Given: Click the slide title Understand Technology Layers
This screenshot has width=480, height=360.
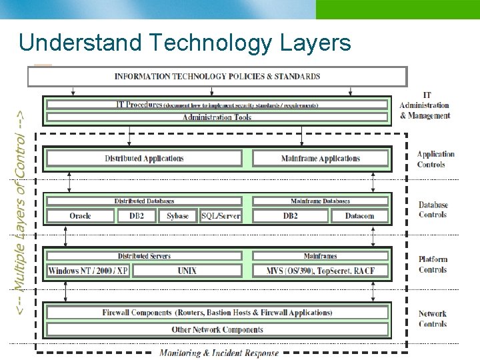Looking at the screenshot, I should pyautogui.click(x=185, y=43).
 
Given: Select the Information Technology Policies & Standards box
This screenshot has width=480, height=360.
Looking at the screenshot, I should pyautogui.click(x=217, y=76).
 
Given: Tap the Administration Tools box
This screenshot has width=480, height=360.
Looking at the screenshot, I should pyautogui.click(x=217, y=117).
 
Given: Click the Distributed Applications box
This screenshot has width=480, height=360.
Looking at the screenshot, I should pyautogui.click(x=144, y=159).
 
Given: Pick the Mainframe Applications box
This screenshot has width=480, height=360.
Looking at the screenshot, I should pyautogui.click(x=320, y=159).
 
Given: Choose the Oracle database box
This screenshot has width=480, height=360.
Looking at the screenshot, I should pyautogui.click(x=80, y=216).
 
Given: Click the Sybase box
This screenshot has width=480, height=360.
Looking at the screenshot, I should pyautogui.click(x=178, y=216).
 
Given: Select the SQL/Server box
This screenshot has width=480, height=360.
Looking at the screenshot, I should pyautogui.click(x=221, y=216).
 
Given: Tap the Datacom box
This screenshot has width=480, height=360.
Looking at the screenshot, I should pyautogui.click(x=359, y=216).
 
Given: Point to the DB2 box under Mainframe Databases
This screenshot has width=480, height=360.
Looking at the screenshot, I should pyautogui.click(x=291, y=216).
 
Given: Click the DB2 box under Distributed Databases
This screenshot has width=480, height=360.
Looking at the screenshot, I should pyautogui.click(x=137, y=216).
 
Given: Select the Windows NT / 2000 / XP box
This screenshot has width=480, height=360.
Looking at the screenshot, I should pyautogui.click(x=88, y=271).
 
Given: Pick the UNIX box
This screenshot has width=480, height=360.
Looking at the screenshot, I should pyautogui.click(x=187, y=271).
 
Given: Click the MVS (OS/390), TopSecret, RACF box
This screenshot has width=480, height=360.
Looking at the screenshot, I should pyautogui.click(x=320, y=271).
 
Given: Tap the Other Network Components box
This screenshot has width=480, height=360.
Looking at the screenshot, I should pyautogui.click(x=217, y=329).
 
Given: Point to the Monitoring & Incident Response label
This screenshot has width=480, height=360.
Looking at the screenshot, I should pyautogui.click(x=219, y=353).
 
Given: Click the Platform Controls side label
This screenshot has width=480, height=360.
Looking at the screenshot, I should pyautogui.click(x=433, y=265).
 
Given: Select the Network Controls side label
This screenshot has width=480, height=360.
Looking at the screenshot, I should pyautogui.click(x=432, y=319).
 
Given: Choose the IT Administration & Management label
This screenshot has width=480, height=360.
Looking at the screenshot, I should pyautogui.click(x=425, y=105).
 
